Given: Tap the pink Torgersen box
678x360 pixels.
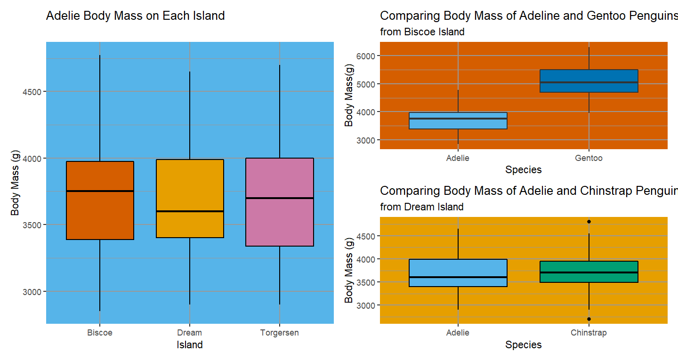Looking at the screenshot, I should (280, 221).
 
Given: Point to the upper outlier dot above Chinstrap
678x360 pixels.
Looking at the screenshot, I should (589, 221).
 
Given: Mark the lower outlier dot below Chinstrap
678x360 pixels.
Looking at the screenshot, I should (589, 319).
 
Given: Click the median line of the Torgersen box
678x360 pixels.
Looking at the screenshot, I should (280, 198).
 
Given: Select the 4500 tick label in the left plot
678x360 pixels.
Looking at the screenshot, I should (32, 92).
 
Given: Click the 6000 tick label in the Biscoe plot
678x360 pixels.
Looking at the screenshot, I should (365, 56).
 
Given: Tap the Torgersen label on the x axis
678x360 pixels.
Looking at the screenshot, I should (280, 333).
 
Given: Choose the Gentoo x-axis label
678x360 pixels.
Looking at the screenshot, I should (589, 158).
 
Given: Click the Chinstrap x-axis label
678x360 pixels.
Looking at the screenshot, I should (589, 333).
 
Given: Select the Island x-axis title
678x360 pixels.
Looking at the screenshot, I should (190, 345).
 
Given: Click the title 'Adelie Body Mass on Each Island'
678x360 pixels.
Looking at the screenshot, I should (135, 16).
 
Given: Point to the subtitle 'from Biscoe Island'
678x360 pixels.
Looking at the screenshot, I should (422, 32).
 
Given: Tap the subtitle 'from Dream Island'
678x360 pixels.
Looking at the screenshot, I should (421, 207).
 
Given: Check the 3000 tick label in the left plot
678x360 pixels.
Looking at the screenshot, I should (32, 291).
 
